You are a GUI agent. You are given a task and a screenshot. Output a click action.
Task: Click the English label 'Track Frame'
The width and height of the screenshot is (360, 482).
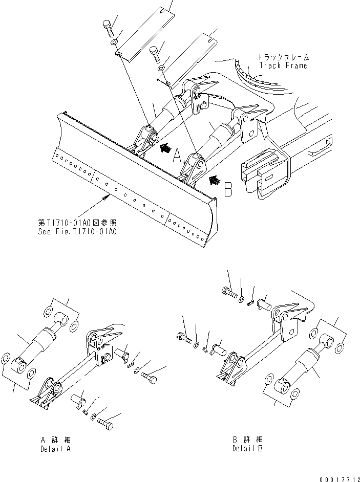coord(283,65)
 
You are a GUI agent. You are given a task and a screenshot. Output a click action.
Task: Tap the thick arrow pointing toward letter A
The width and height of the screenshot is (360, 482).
coord(165,148)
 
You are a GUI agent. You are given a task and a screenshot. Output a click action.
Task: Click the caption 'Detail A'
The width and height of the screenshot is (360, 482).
coord(56,449)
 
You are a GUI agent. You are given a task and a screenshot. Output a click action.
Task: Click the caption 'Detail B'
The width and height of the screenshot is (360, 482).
coord(247,449)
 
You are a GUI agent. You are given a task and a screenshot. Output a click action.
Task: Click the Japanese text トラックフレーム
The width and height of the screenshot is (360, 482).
coord(283,57)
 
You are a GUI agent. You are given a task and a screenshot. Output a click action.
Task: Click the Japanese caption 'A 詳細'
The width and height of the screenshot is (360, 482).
coord(55,440)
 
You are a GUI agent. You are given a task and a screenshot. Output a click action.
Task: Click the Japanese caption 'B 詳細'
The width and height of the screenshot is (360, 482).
coord(247,440)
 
